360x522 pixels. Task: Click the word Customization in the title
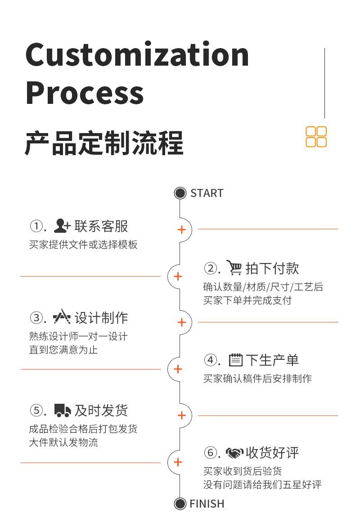137,55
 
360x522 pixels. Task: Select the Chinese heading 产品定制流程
104,143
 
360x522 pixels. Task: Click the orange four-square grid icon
316,137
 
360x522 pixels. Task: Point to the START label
207,193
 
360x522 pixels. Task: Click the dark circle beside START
180,193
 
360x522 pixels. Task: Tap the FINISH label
207,504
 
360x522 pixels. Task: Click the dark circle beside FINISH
180,504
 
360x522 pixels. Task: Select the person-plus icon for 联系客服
62,226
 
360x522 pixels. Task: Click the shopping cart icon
234,268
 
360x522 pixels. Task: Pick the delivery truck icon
63,410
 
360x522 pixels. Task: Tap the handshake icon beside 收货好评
234,452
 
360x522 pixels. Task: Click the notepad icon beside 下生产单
236,360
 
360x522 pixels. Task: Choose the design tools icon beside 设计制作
62,318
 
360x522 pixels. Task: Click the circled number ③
36,318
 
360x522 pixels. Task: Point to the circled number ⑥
210,453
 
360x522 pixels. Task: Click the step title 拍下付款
272,268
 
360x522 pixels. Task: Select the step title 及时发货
101,410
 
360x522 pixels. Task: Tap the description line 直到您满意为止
63,350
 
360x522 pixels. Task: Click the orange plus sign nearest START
182,230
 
